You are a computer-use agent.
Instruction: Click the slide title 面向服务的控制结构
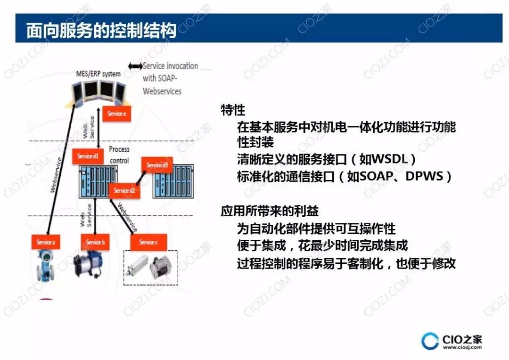(101, 30)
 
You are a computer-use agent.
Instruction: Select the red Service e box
(116, 114)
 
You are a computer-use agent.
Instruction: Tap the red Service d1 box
(88, 156)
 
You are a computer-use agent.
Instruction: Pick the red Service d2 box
(124, 190)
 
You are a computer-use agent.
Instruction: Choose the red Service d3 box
(157, 165)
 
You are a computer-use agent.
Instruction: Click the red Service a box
(46, 242)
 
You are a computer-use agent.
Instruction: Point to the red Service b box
(95, 242)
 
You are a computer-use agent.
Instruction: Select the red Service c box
(148, 242)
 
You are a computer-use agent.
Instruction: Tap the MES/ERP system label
(98, 74)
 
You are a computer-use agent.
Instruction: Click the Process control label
(119, 155)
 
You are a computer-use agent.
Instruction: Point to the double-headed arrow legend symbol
(135, 66)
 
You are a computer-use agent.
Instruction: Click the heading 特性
(233, 110)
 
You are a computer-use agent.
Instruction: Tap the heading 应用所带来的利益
(270, 211)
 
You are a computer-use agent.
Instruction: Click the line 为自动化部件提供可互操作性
(316, 229)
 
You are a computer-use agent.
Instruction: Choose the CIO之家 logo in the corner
(452, 341)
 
